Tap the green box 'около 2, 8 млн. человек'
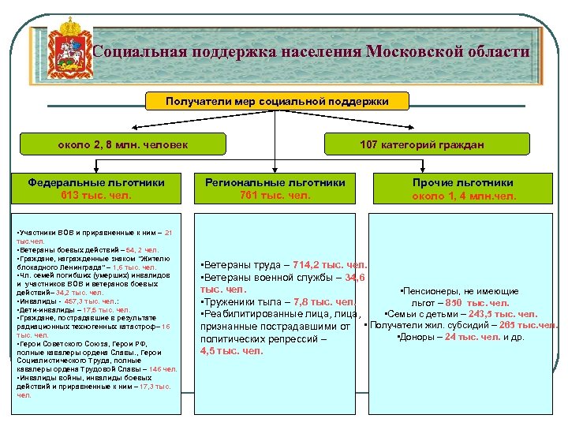123,144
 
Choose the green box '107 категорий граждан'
422,144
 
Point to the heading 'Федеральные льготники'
96,182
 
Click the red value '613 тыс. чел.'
96,195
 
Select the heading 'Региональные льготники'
275,182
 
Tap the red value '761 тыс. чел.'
275,195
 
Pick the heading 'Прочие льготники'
462,182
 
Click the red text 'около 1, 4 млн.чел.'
464,196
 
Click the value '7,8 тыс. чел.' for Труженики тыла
323,301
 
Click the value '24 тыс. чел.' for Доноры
473,338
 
